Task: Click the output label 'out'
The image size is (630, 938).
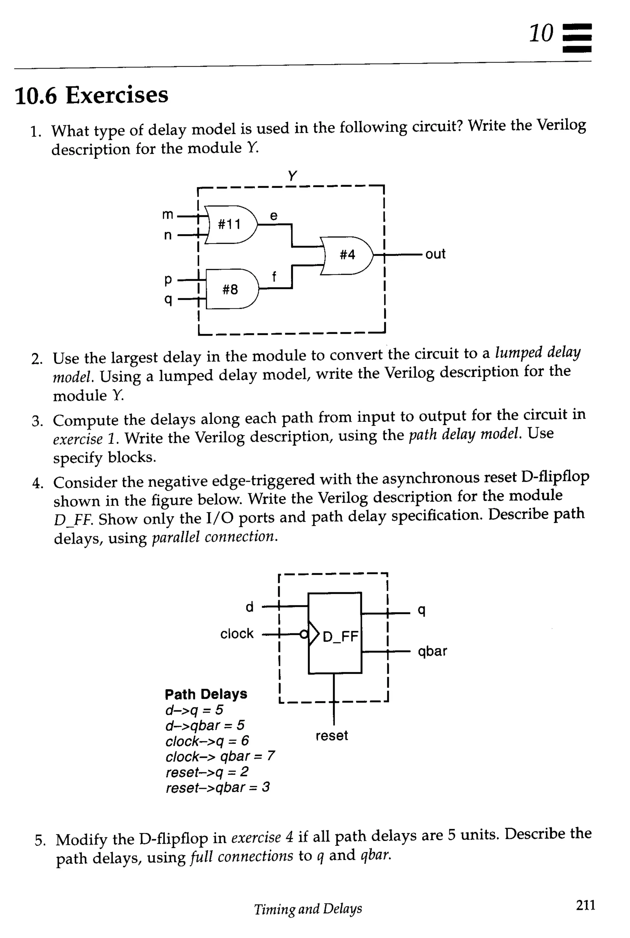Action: click(x=435, y=254)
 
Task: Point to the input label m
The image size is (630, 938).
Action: click(x=168, y=215)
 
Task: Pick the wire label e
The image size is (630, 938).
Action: click(x=273, y=216)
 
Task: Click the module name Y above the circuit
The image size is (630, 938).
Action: click(x=292, y=176)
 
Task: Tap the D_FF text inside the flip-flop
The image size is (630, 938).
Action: click(x=340, y=636)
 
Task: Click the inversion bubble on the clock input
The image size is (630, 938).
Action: click(x=305, y=634)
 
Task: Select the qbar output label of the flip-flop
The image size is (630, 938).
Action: click(x=432, y=651)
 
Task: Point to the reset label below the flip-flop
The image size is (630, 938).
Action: click(x=332, y=735)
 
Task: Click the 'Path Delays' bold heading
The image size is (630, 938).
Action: click(x=206, y=694)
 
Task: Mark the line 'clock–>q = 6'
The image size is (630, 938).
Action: click(x=207, y=740)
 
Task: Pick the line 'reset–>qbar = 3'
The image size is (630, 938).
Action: click(x=217, y=787)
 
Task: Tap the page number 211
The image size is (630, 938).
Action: click(x=585, y=905)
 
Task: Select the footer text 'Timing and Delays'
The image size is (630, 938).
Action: click(x=308, y=909)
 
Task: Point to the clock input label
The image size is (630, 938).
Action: click(x=237, y=634)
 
